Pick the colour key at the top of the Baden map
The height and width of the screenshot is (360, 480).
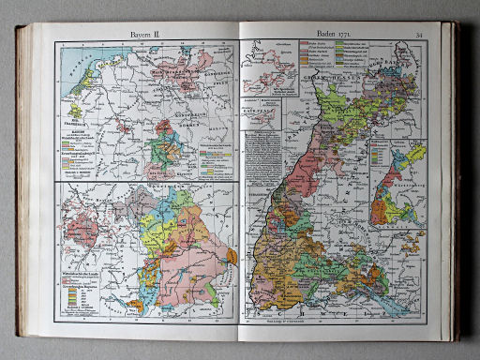[x=323, y=67]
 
